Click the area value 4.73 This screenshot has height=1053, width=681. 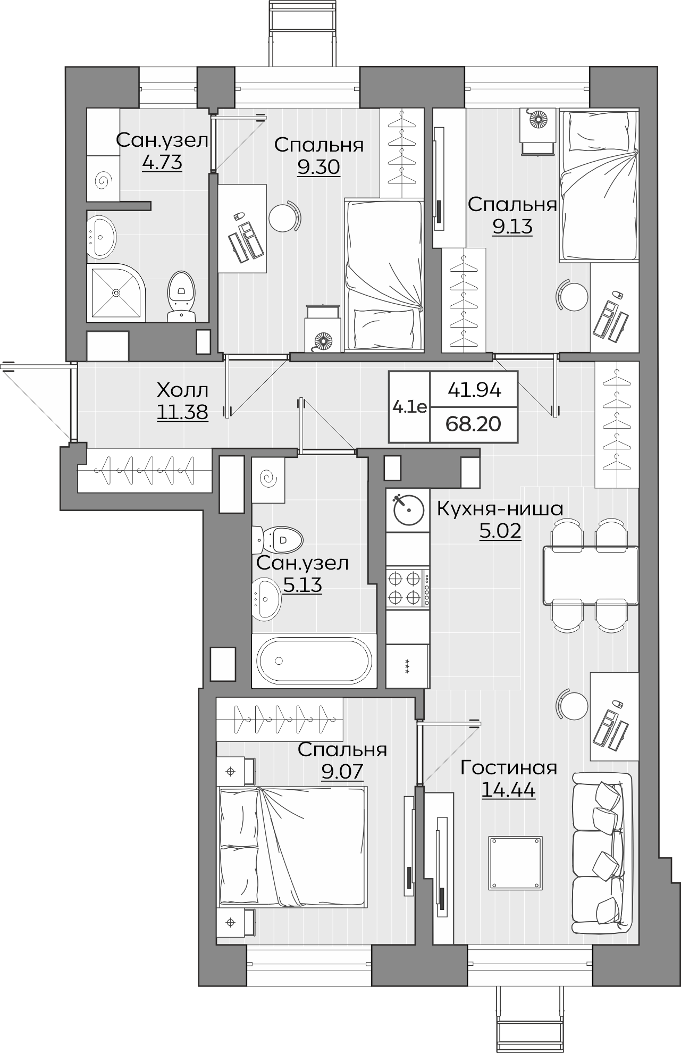pyautogui.click(x=162, y=162)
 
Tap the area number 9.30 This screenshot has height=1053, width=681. pyautogui.click(x=318, y=167)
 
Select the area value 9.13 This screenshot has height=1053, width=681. pyautogui.click(x=512, y=227)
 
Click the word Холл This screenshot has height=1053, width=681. pyautogui.click(x=182, y=390)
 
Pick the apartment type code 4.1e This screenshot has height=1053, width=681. pyautogui.click(x=409, y=407)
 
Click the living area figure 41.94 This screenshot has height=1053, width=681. pyautogui.click(x=475, y=390)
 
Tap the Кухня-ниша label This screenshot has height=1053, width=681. pyautogui.click(x=500, y=509)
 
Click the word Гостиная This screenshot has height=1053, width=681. pyautogui.click(x=509, y=768)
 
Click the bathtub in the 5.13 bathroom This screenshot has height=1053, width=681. pyautogui.click(x=314, y=661)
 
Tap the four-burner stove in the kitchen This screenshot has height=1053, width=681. pyautogui.click(x=408, y=588)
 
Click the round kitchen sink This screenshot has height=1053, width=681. pyautogui.click(x=408, y=511)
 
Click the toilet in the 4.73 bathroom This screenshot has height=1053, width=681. pyautogui.click(x=181, y=297)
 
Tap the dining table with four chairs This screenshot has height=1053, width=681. pyautogui.click(x=591, y=575)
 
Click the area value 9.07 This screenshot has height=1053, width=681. pyautogui.click(x=342, y=771)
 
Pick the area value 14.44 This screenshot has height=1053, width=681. pyautogui.click(x=508, y=790)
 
